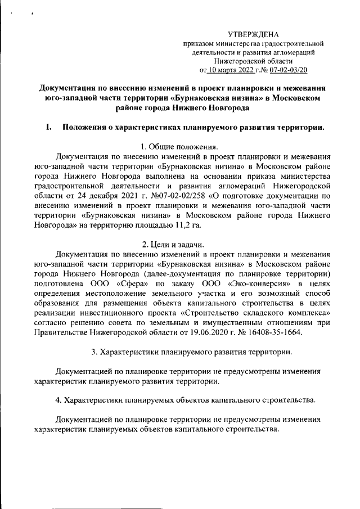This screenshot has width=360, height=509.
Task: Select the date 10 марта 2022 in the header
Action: point(235,70)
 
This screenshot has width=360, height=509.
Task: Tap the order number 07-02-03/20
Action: point(288,70)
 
